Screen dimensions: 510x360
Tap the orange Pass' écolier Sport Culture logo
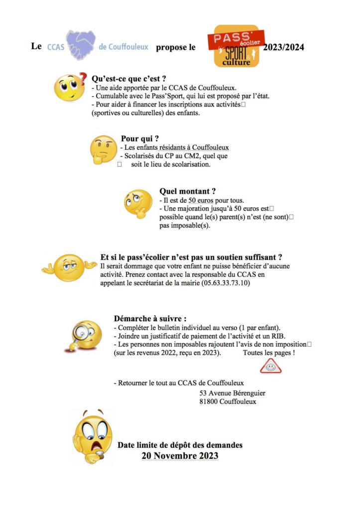[237, 46]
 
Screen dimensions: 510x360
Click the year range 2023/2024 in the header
[284, 48]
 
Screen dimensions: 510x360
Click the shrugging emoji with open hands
[69, 266]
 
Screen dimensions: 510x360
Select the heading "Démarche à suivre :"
[150, 318]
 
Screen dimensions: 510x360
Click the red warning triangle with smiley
[270, 366]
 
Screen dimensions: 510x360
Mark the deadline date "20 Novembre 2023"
[180, 456]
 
